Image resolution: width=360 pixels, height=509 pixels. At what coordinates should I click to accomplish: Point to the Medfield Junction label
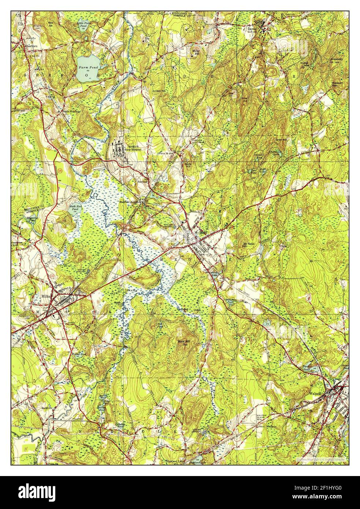(131, 202)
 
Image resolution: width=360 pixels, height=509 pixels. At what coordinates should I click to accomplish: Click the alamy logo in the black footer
(43, 493)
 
